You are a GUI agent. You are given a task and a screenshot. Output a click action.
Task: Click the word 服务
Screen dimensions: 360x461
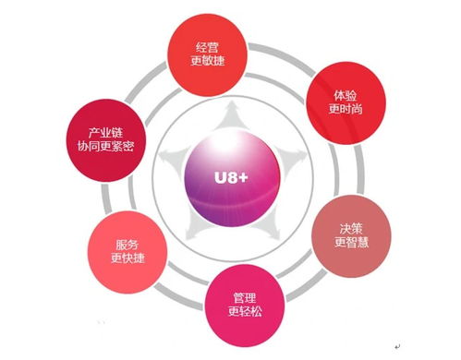[127, 245]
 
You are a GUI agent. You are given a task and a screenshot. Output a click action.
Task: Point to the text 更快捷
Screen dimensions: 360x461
[127, 259]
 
